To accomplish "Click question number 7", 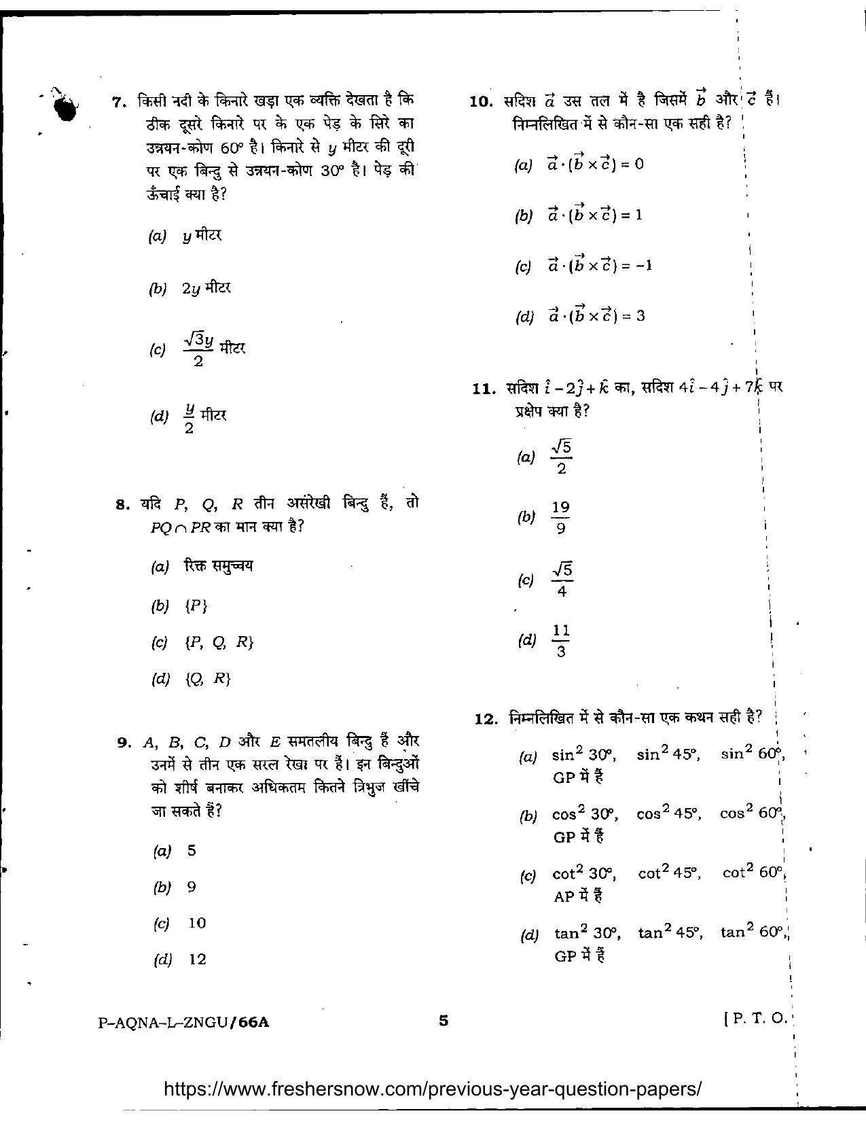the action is coord(119,102).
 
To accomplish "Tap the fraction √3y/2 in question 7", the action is coord(198,349).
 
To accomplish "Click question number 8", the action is coord(122,504).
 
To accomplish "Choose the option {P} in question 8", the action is coord(196,606).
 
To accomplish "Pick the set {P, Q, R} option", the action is coord(219,642).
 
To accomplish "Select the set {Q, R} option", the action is coord(207,678).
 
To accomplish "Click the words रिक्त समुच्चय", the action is coord(218,566).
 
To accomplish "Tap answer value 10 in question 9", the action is coord(197,923).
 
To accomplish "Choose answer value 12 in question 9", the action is coord(197,960).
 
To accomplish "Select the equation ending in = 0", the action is coord(596,164).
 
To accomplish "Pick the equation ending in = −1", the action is coord(600,265).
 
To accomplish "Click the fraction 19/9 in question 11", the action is coord(560,517).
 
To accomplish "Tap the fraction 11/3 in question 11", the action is coord(560,641).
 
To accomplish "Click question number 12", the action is coord(486,718).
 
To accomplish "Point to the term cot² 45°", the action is coord(669,873).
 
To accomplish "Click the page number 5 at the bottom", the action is coord(444,1019).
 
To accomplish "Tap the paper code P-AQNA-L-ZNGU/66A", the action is coord(183,1021).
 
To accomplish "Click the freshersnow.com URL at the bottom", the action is coord(433,1089).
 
